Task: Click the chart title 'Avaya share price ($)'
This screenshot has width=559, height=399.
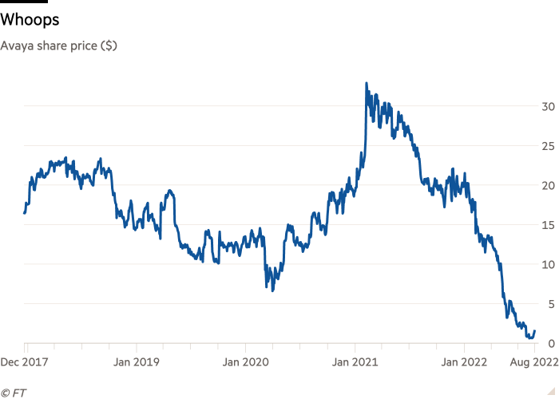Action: pos(59,45)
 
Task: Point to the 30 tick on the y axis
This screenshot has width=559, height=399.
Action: pos(548,107)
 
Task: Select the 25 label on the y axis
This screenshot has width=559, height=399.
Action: pos(548,146)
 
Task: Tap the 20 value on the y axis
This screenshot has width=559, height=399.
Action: pos(548,186)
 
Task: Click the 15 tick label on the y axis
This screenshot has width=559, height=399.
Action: pos(548,225)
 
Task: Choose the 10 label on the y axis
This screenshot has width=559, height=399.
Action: pos(548,265)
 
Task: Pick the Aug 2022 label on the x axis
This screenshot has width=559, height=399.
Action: pos(534,361)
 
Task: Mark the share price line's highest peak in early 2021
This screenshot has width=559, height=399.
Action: pos(366,82)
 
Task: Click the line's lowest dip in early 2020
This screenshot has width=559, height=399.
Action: pos(272,291)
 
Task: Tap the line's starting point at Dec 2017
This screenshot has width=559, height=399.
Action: pos(24,213)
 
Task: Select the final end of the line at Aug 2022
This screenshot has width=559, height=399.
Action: pos(535,331)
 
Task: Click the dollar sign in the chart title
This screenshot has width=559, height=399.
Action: pos(109,45)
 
